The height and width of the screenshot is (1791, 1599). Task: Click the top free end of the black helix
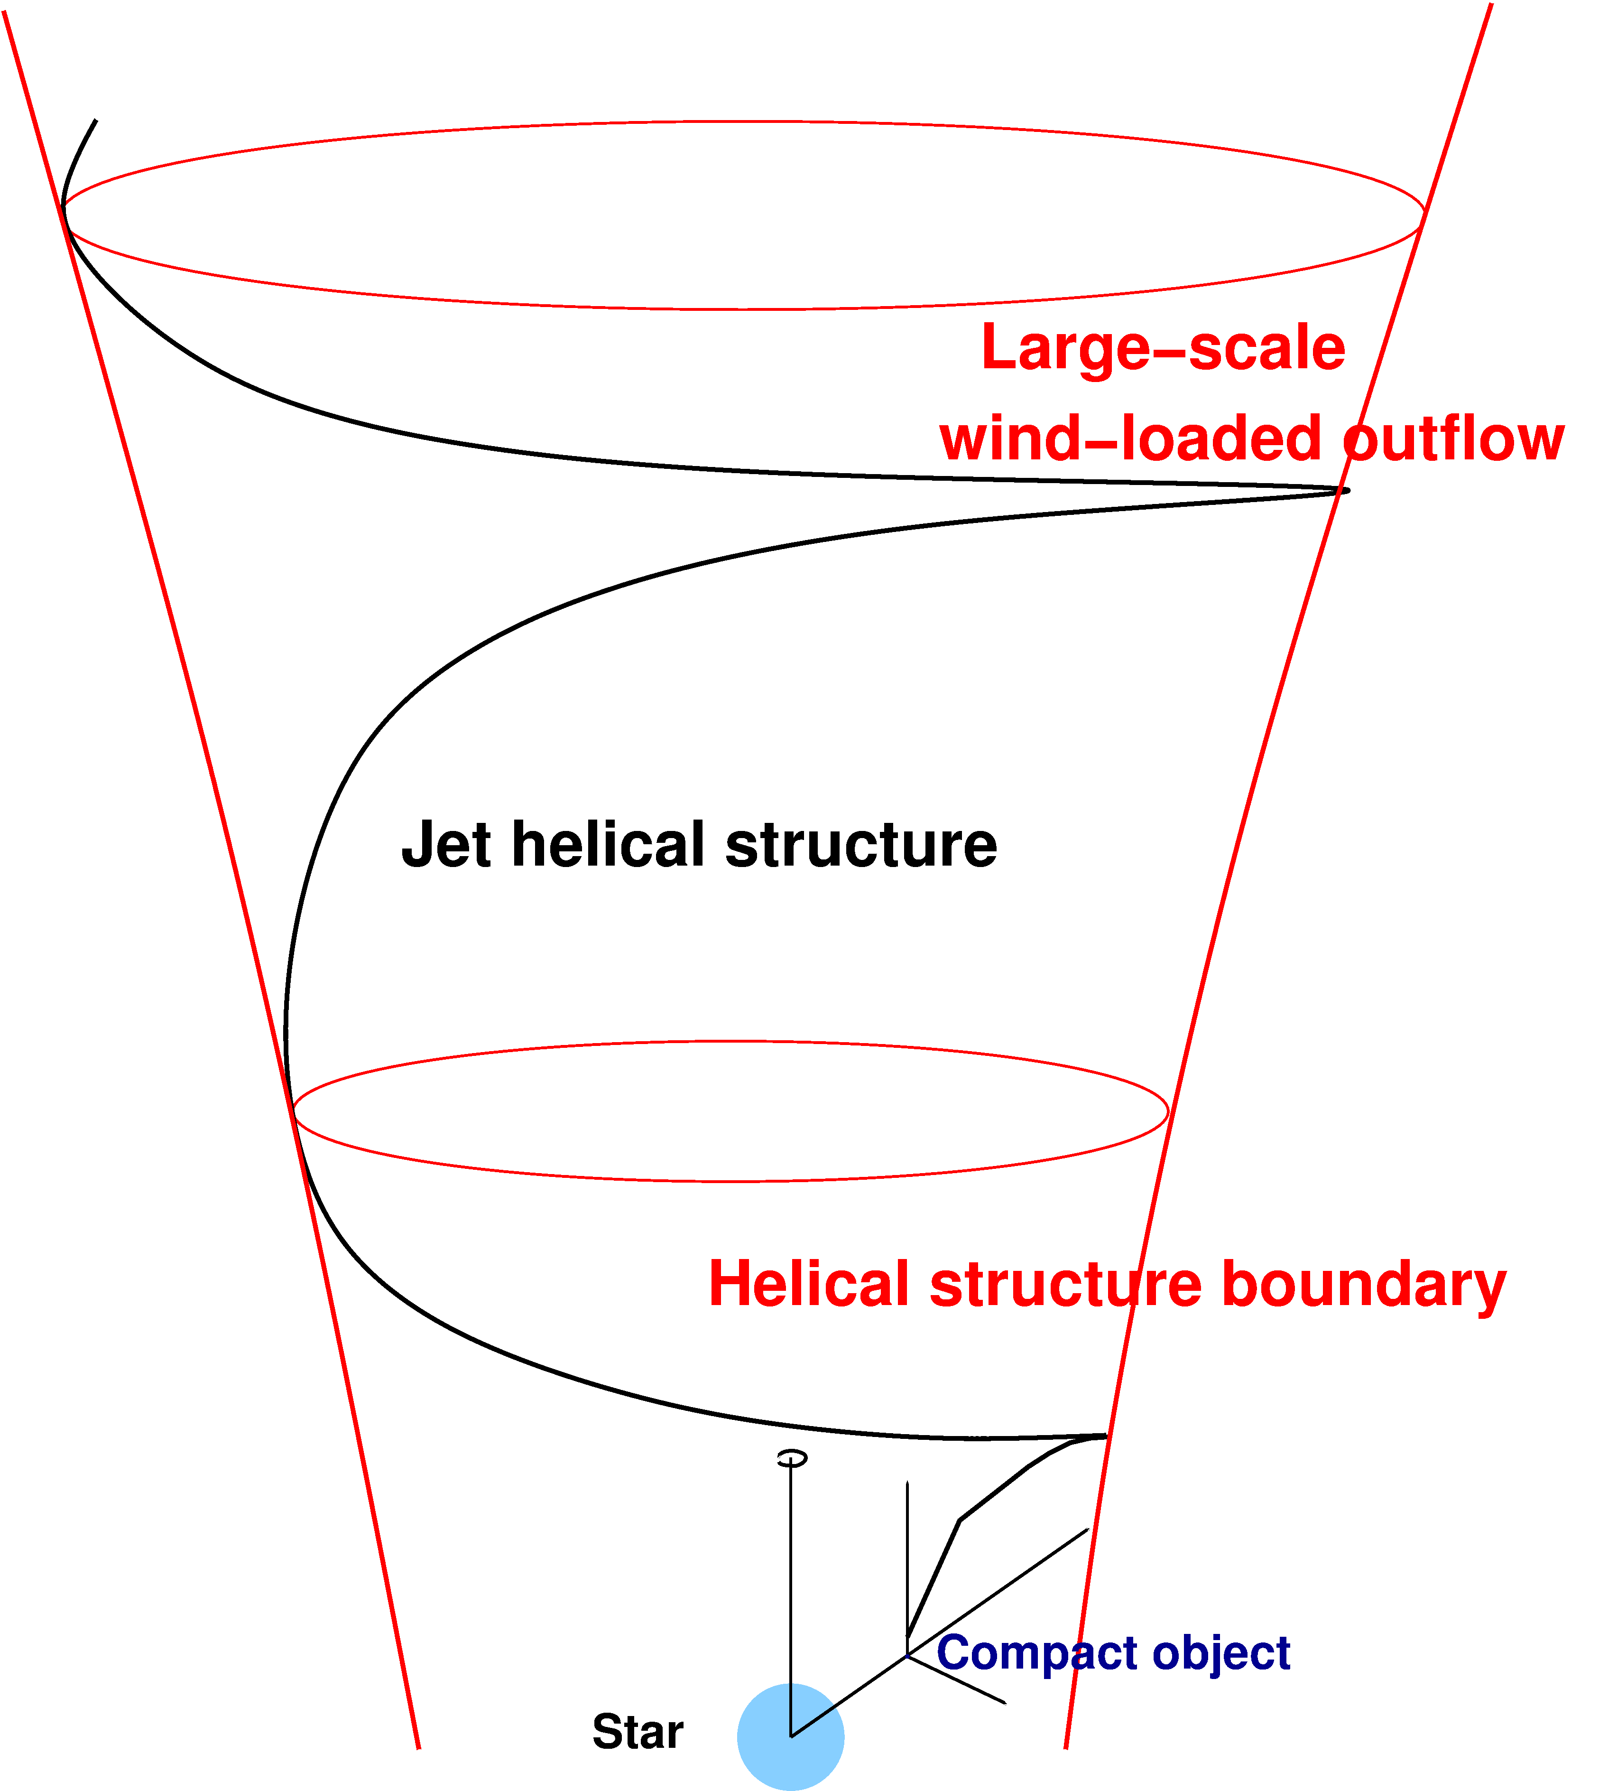tap(95, 121)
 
